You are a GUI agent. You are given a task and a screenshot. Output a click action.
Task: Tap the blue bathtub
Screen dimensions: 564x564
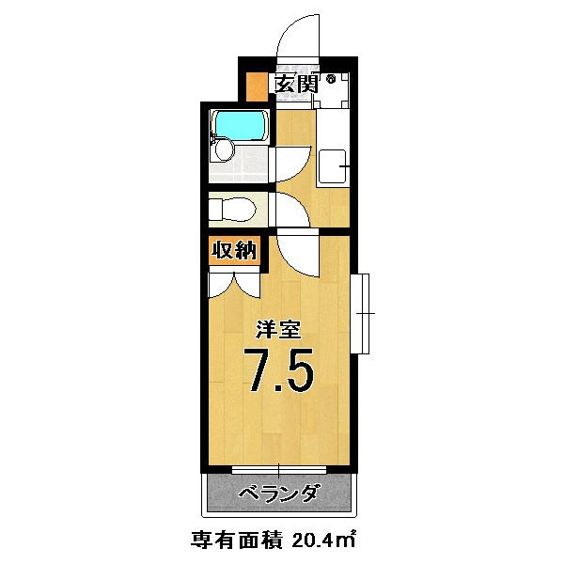click(241, 124)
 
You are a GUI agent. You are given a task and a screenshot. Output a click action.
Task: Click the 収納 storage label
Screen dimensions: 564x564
click(232, 251)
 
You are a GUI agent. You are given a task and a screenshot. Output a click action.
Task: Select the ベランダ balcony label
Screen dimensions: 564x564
click(278, 493)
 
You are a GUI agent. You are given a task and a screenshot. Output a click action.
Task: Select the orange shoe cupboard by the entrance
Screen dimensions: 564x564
click(254, 86)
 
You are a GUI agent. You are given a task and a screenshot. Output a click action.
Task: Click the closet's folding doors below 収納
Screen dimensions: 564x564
click(232, 284)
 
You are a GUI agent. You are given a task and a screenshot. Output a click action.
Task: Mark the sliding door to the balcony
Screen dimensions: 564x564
click(280, 468)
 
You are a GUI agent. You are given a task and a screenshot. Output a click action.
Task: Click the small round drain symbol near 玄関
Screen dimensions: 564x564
click(332, 81)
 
